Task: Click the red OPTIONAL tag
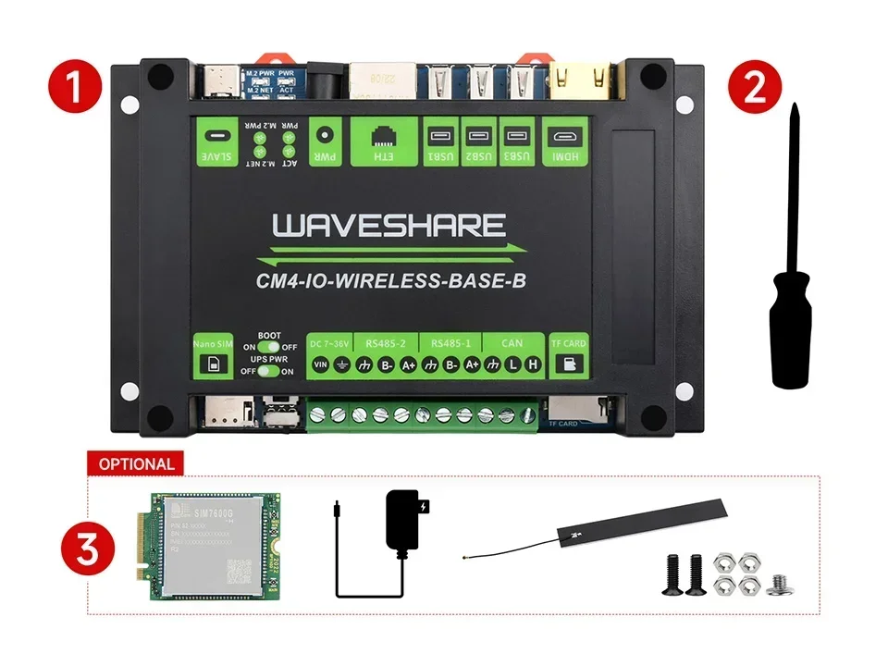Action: coord(135,463)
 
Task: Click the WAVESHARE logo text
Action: coord(388,226)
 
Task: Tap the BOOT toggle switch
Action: coord(268,346)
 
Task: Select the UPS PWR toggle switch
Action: coord(268,370)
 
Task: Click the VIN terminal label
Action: coord(321,364)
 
